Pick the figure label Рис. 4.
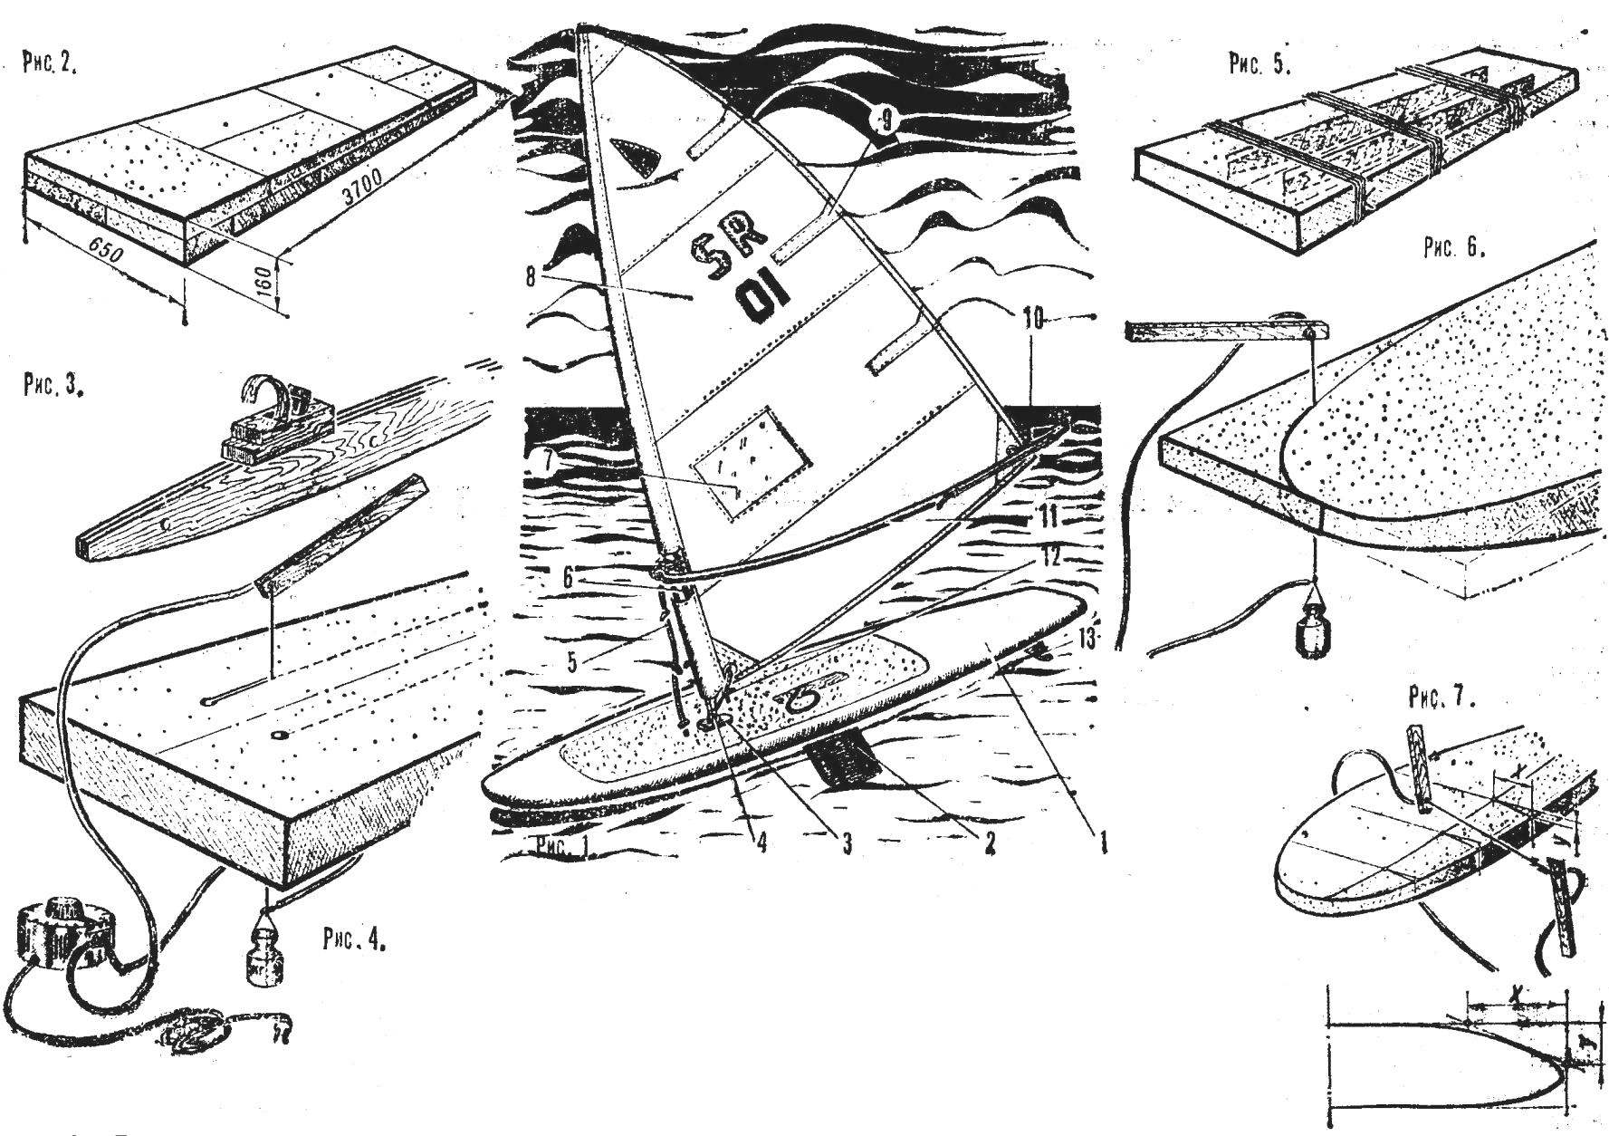(x=353, y=939)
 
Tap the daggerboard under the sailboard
(x=844, y=762)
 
